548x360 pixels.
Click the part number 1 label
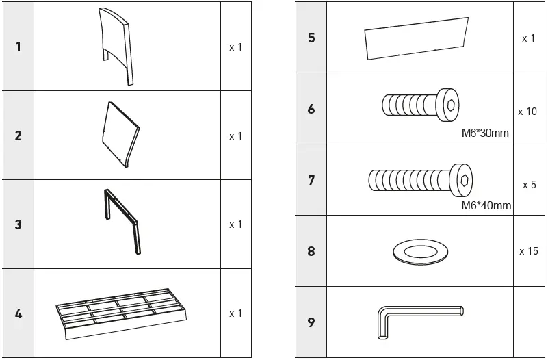click(18, 47)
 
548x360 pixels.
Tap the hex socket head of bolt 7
click(462, 180)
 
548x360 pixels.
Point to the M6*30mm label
click(485, 133)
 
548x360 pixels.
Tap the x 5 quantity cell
click(528, 185)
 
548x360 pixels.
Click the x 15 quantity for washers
click(528, 251)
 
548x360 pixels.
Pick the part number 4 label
click(18, 313)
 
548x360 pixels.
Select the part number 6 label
click(311, 109)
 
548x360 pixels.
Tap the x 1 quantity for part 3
click(235, 224)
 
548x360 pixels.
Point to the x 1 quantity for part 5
click(528, 38)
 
